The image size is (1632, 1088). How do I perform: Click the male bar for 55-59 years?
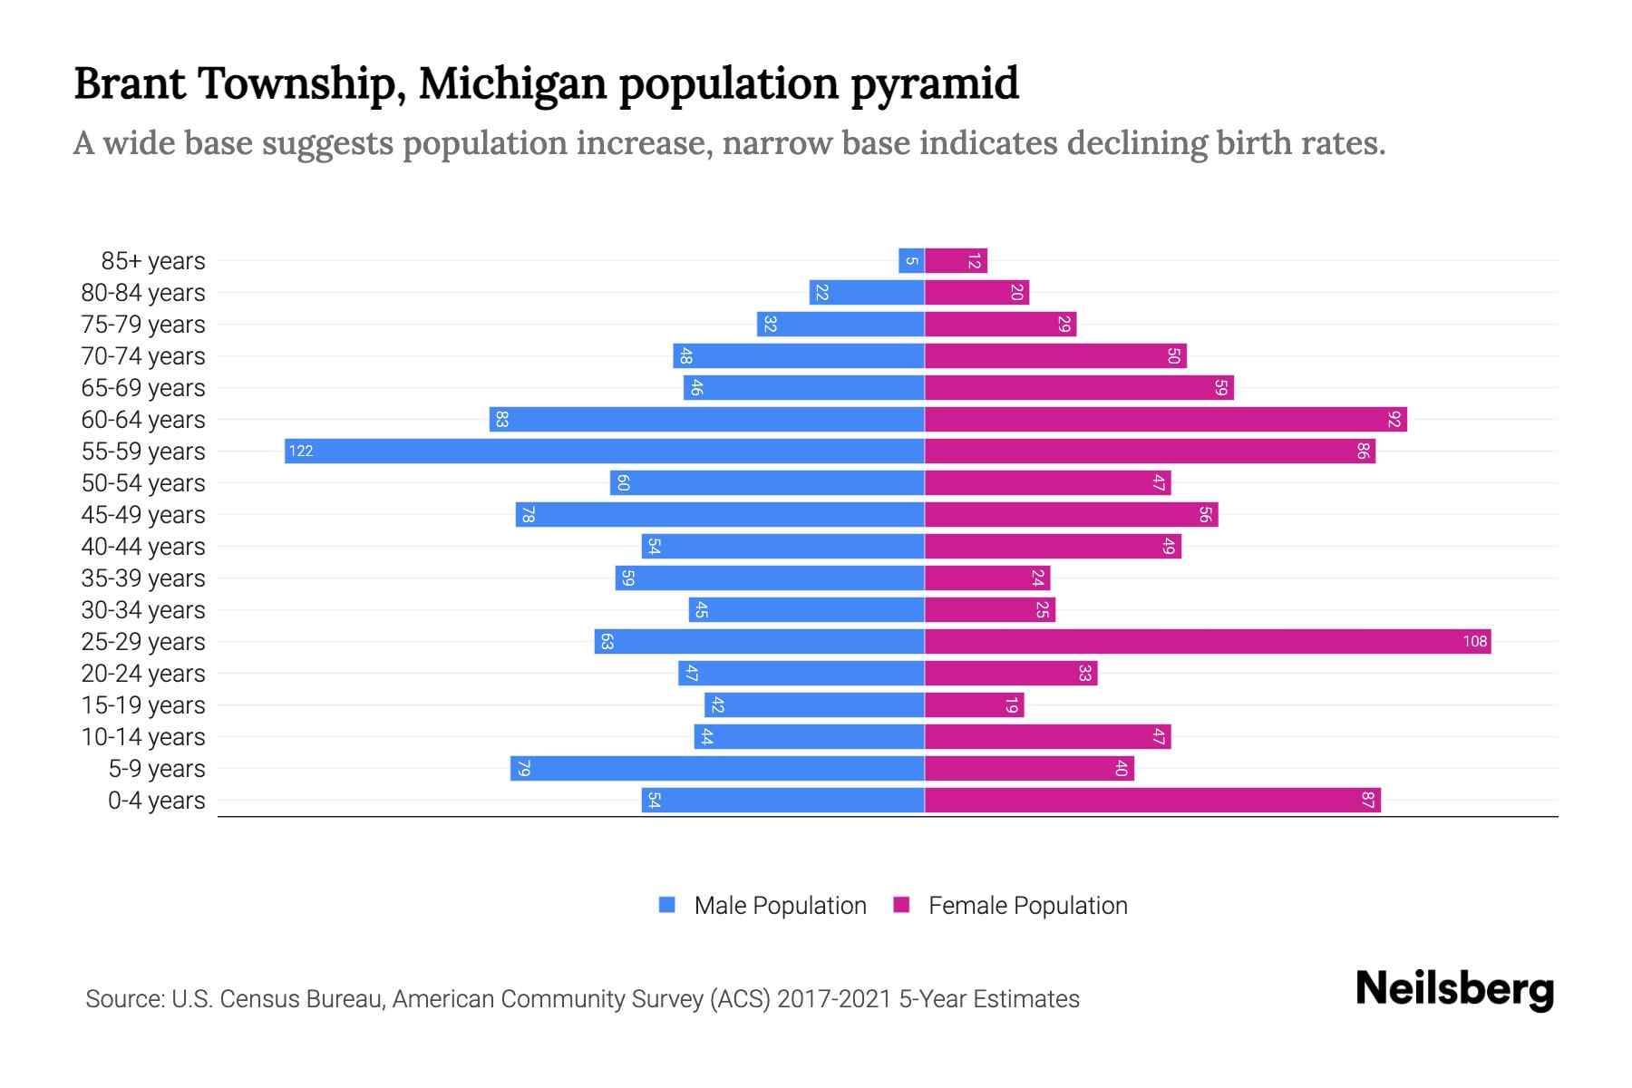[x=605, y=451]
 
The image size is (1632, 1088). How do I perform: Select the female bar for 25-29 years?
[x=1208, y=641]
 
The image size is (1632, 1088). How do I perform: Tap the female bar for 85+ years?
[x=956, y=260]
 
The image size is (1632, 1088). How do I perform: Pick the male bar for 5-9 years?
[x=717, y=768]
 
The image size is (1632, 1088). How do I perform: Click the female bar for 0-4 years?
[x=1152, y=800]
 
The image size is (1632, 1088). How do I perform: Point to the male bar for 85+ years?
[x=911, y=260]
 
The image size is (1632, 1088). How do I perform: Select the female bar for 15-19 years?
[x=974, y=704]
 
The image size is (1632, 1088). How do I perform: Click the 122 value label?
[x=301, y=451]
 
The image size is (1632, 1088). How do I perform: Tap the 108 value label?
[x=1474, y=641]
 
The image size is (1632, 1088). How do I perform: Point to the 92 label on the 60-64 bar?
[x=1394, y=419]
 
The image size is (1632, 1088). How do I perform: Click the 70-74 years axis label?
[x=143, y=355]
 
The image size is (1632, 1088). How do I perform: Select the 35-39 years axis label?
[x=143, y=578]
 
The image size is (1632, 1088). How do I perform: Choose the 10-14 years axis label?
[x=143, y=736]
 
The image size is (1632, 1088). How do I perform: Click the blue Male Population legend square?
[x=667, y=905]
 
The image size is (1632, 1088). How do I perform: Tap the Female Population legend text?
[x=1027, y=905]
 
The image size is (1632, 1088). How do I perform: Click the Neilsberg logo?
[x=1454, y=989]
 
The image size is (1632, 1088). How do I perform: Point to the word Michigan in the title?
[x=512, y=83]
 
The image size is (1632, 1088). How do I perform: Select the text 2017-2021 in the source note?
[x=833, y=999]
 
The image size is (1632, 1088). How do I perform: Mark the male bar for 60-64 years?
[x=707, y=419]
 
